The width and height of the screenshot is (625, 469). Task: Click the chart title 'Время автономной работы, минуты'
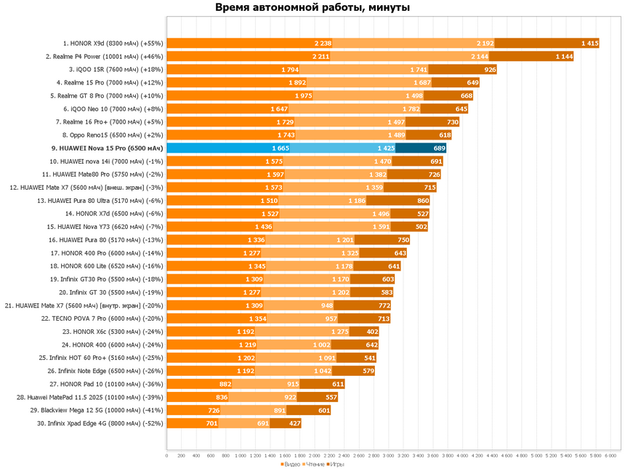[x=312, y=8]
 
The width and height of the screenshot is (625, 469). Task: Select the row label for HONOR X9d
[x=114, y=43]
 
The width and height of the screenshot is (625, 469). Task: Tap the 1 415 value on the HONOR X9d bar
[x=589, y=43]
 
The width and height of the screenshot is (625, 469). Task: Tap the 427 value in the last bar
[x=294, y=423]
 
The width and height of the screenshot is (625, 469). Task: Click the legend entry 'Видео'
[x=291, y=464]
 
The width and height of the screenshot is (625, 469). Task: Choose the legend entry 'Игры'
[x=336, y=464]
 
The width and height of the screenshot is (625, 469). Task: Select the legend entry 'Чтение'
[x=314, y=464]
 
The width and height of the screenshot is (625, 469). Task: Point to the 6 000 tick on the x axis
[x=610, y=456]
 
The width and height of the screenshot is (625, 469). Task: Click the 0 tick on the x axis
[x=167, y=456]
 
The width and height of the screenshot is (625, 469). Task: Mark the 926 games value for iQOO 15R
[x=490, y=70]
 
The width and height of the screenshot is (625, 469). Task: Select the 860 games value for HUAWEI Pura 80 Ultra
[x=423, y=201]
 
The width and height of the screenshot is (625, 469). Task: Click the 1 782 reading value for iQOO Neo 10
[x=411, y=109]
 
